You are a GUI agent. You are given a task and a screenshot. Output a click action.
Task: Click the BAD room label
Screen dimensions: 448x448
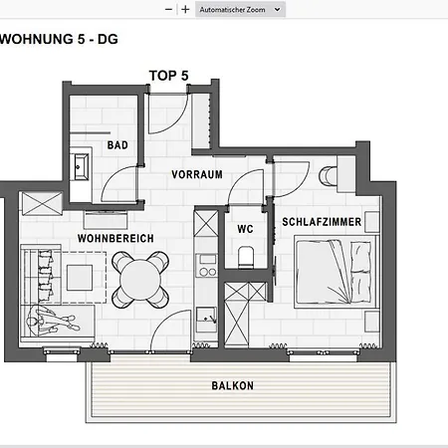tap(117, 145)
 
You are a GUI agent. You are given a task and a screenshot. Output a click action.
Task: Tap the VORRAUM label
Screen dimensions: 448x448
tap(197, 174)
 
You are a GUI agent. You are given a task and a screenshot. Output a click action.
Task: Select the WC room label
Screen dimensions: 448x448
tap(245, 229)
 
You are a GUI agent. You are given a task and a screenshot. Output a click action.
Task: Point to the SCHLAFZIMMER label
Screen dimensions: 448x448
tap(322, 222)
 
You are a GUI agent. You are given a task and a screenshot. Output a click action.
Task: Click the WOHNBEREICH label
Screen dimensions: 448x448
tap(115, 238)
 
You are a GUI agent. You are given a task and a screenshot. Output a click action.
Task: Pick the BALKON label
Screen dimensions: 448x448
tap(233, 385)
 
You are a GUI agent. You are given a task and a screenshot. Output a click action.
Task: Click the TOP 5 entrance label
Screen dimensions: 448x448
tap(169, 76)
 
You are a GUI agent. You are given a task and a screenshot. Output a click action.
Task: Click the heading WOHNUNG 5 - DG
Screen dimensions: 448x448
tap(59, 39)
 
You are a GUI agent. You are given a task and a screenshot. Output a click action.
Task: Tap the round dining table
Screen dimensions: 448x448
tap(140, 280)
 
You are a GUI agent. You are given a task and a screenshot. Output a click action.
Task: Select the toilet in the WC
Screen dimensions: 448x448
tap(246, 257)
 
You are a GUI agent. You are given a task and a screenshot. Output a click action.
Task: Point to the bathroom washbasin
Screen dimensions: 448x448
tap(81, 166)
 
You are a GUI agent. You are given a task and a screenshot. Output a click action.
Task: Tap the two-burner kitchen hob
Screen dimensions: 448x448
tap(207, 272)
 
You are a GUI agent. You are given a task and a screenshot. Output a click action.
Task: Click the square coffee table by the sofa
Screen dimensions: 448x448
tap(80, 278)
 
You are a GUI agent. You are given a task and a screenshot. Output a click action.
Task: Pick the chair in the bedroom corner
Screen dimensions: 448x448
tap(328, 175)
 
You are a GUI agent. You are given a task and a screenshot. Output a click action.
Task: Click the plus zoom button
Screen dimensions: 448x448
tap(185, 10)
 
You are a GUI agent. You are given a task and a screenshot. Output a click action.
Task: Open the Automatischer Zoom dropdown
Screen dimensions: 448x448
tap(240, 10)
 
